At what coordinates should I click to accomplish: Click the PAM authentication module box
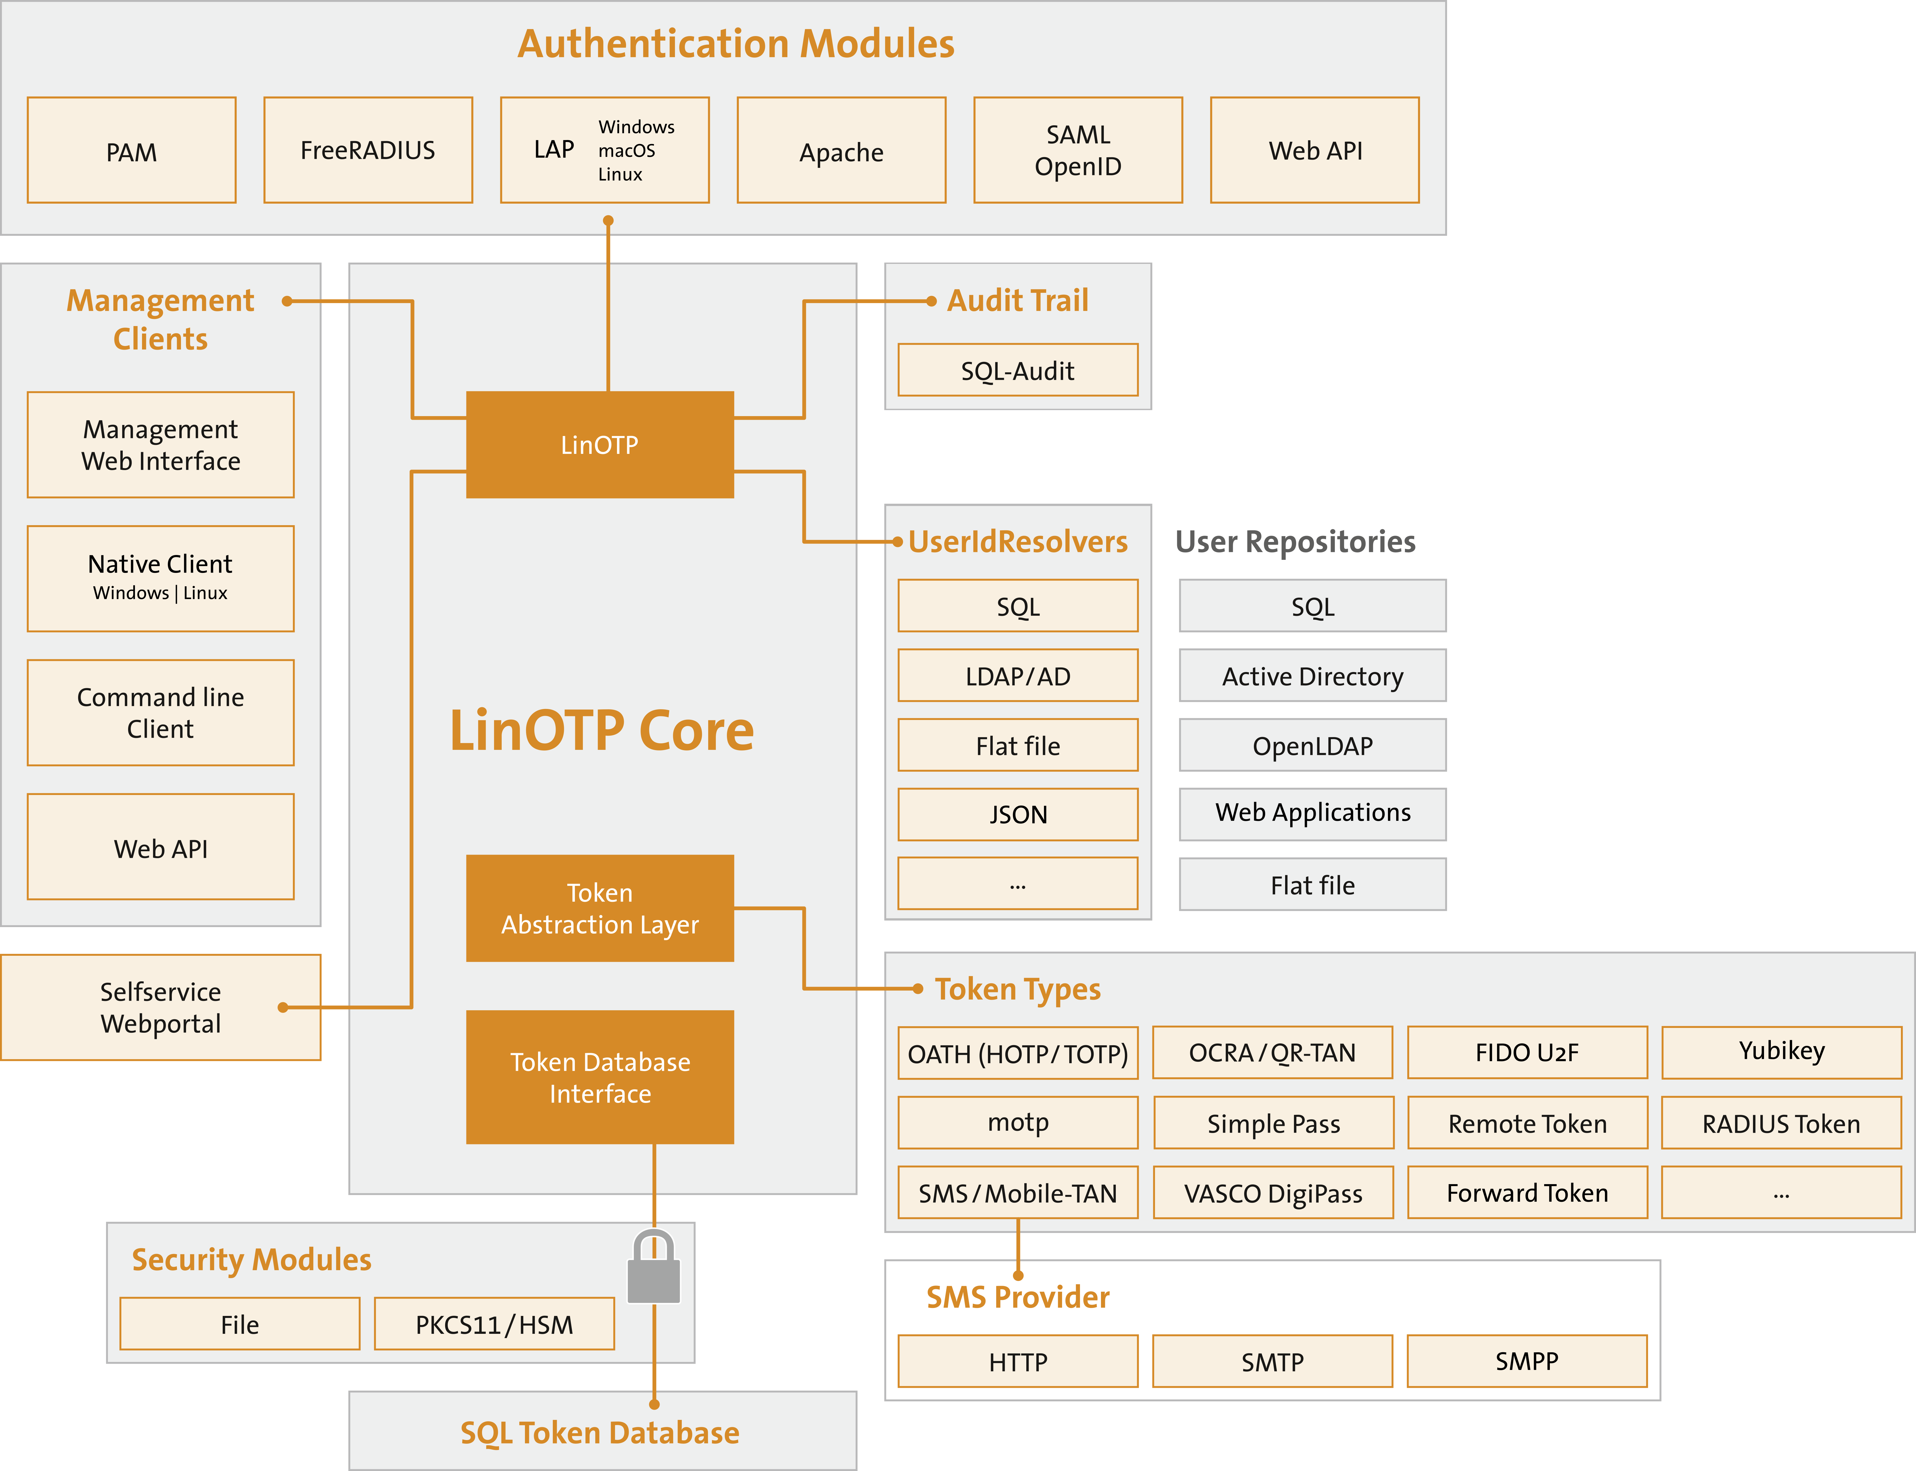tap(131, 151)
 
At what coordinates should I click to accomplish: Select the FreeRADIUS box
tap(368, 151)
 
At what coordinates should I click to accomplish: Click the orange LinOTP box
tap(600, 445)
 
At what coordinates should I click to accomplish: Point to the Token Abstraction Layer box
tap(600, 908)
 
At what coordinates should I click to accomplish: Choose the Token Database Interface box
tap(600, 1077)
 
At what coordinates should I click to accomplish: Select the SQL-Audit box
tap(1018, 370)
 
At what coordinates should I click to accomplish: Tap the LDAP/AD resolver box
tap(1018, 676)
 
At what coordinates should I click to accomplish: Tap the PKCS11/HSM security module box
tap(494, 1324)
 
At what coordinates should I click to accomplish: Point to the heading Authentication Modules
tap(735, 44)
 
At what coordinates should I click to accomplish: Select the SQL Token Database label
tap(600, 1432)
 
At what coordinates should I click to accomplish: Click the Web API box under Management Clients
tap(160, 848)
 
